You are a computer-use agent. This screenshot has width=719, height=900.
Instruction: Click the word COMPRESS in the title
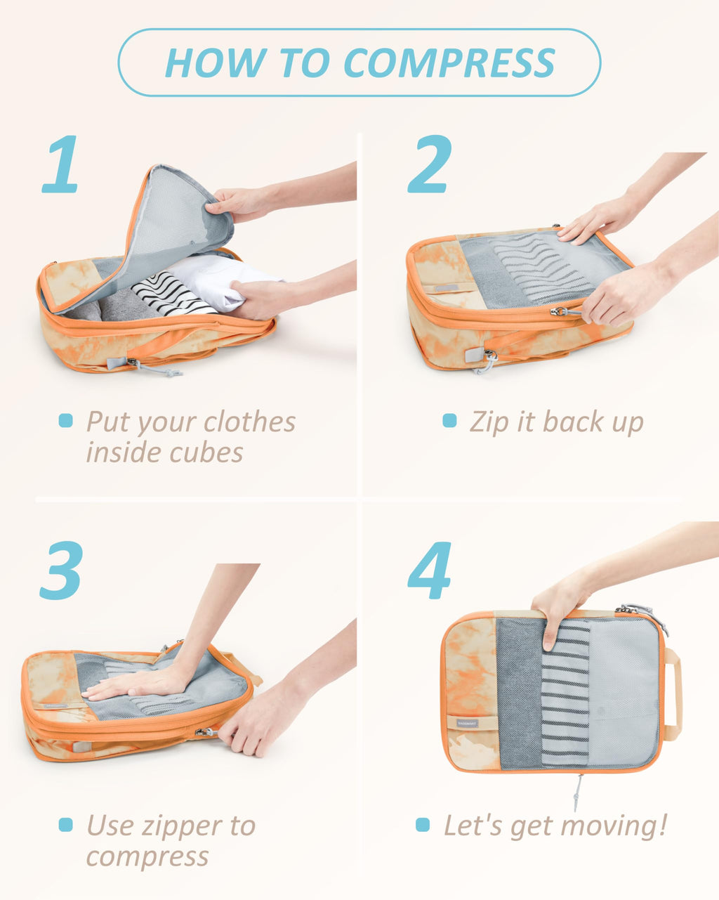(x=449, y=63)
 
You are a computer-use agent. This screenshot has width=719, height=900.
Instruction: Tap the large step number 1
(x=62, y=164)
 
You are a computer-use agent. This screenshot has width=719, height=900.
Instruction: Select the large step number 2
(x=429, y=164)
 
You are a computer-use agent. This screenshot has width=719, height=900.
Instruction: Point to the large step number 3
(x=62, y=570)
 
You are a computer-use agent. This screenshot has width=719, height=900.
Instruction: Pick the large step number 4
(x=429, y=570)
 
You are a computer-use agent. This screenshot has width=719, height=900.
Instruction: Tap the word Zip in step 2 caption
(x=487, y=422)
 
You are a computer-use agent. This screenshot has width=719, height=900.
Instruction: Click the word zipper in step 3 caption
(x=183, y=826)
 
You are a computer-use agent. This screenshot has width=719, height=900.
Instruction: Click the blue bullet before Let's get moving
(x=423, y=825)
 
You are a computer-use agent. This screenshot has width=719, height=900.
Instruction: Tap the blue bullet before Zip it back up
(x=449, y=421)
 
